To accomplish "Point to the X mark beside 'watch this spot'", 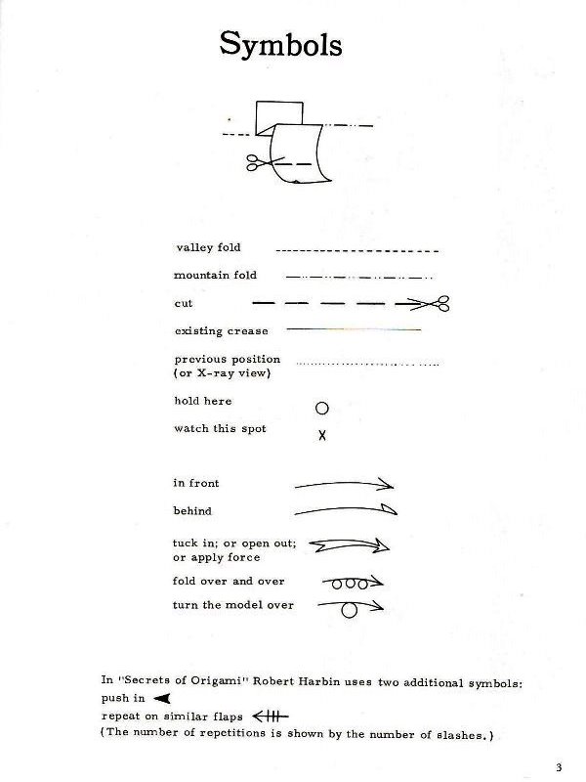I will point(322,436).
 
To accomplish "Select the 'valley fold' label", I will point(207,247).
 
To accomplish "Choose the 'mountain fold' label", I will point(215,276).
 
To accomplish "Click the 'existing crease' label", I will point(221,331).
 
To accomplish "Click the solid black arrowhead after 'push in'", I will point(163,698).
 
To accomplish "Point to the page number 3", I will point(558,765).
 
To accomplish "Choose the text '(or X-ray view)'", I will point(222,373).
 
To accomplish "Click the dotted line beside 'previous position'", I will point(366,364).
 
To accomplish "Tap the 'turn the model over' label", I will point(232,605).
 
